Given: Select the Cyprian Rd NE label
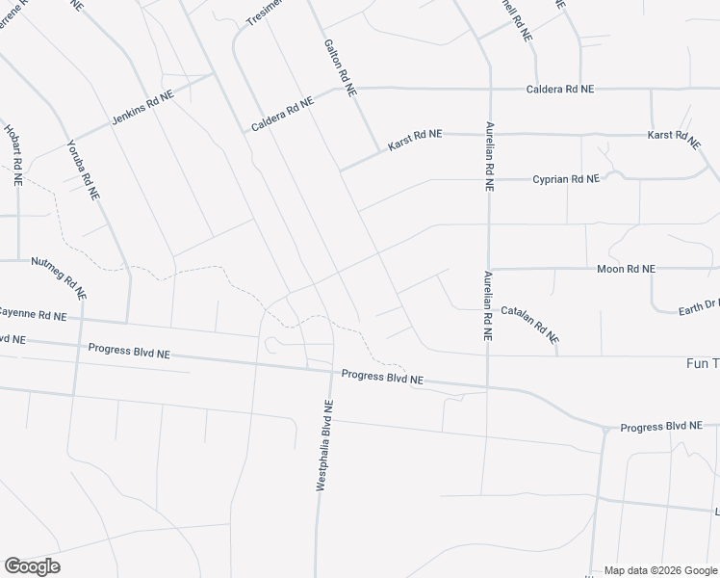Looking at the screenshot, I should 567,179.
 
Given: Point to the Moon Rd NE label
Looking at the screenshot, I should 626,269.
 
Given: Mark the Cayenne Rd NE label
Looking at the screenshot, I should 33,315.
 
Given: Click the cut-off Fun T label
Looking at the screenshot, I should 701,363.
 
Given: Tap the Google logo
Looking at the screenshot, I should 32,565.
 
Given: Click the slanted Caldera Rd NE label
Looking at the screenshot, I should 282,113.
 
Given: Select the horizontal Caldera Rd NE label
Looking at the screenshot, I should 560,89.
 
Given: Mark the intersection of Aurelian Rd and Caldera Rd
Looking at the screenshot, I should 490,89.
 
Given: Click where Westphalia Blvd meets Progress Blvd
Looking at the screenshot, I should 332,371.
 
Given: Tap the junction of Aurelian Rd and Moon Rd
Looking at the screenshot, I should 489,269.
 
